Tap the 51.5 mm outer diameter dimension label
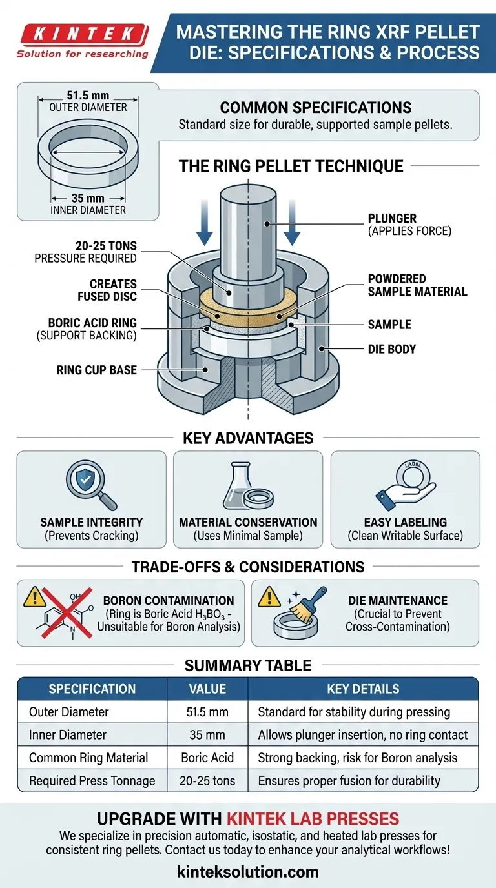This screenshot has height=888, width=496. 88,96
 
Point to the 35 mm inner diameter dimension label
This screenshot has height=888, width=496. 88,198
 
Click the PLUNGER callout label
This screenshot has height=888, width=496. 392,218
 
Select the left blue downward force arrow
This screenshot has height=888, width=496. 204,223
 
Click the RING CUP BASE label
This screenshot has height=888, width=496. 96,370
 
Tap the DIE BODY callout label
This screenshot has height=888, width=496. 391,349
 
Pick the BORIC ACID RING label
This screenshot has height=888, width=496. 92,323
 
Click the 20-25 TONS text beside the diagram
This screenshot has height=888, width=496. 106,246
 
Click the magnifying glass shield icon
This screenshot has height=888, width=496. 91,485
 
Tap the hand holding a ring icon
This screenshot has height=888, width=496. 406,485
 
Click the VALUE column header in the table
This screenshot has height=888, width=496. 207,689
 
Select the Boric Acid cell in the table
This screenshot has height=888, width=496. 207,758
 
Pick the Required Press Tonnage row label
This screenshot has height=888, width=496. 92,781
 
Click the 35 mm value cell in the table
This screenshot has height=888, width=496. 207,734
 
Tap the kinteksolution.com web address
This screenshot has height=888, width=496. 248,872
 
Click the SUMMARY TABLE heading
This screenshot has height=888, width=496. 248,665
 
